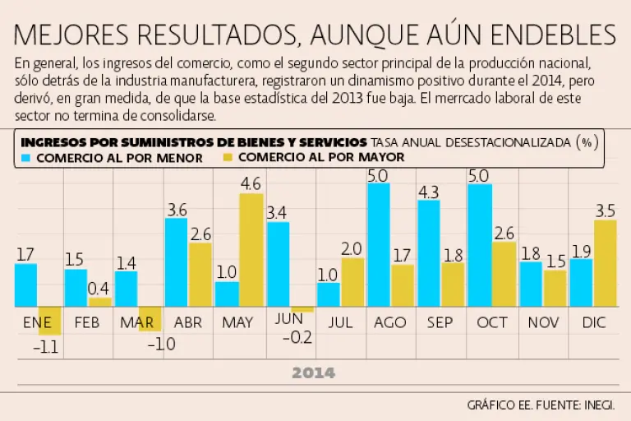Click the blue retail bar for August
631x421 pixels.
pyautogui.click(x=379, y=245)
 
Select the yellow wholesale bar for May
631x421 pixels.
pyautogui.click(x=251, y=250)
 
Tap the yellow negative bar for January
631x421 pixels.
pyautogui.click(x=49, y=321)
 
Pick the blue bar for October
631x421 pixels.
pyautogui.click(x=480, y=245)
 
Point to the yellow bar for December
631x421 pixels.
pyautogui.click(x=605, y=263)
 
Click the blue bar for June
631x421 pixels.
pyautogui.click(x=278, y=264)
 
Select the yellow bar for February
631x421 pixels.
pyautogui.click(x=100, y=302)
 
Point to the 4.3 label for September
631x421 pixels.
pyautogui.click(x=429, y=191)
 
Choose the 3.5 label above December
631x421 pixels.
pyautogui.click(x=604, y=209)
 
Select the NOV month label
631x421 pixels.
pyautogui.click(x=542, y=322)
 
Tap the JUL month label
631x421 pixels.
pyautogui.click(x=340, y=322)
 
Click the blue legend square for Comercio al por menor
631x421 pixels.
pyautogui.click(x=26, y=157)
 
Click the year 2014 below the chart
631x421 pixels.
pyautogui.click(x=314, y=373)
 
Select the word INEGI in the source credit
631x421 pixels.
pyautogui.click(x=594, y=405)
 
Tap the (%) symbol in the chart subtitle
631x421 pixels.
pyautogui.click(x=586, y=141)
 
